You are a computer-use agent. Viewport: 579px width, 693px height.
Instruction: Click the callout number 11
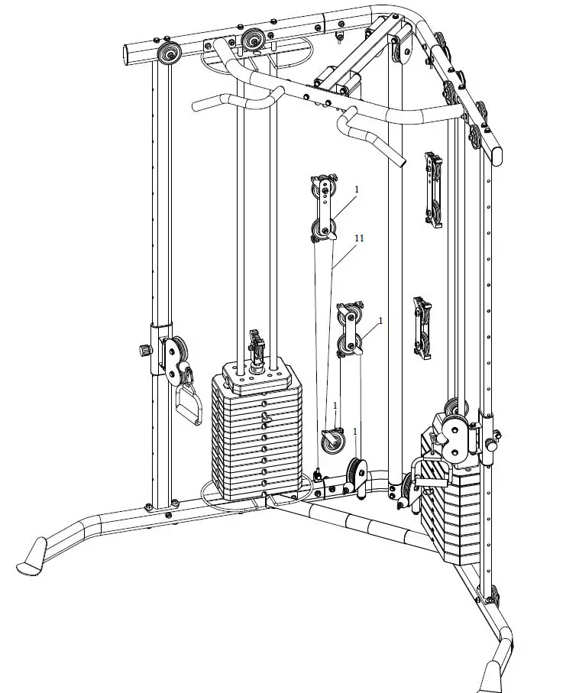pos(359,238)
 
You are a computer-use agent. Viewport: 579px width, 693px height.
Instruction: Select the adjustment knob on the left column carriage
pos(143,351)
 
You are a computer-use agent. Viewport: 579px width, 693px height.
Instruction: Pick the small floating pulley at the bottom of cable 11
pos(332,442)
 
